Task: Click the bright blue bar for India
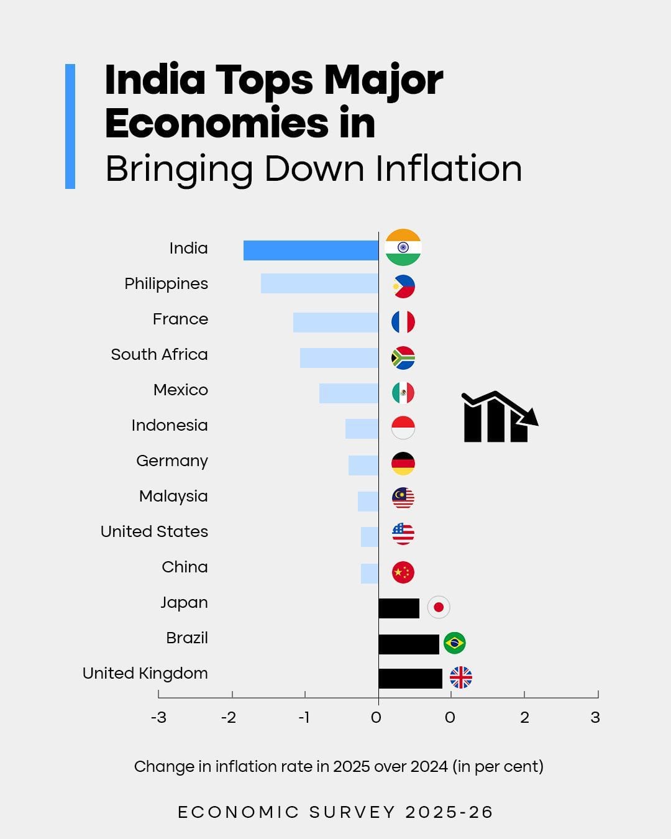point(311,250)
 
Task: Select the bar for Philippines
point(319,283)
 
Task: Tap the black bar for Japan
point(399,608)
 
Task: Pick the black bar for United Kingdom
point(410,679)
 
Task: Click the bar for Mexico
point(349,393)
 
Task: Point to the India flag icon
point(403,247)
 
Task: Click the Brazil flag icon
point(455,643)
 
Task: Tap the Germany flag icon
point(403,464)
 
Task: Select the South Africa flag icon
point(403,358)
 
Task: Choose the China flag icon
point(403,572)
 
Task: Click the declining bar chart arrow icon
point(498,417)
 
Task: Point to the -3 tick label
point(158,718)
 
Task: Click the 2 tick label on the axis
point(524,718)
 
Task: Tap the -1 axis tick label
point(304,718)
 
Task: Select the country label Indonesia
point(170,426)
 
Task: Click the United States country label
point(154,532)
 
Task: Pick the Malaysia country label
point(173,497)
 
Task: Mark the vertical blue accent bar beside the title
point(70,126)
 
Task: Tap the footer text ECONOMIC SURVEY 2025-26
point(335,812)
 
